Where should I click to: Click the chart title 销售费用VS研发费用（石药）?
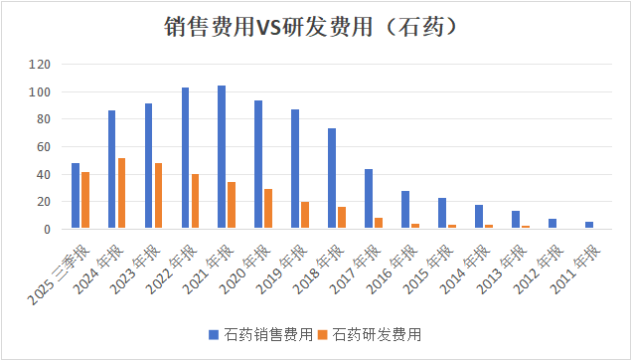pyautogui.click(x=315, y=26)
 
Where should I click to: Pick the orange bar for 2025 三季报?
pyautogui.click(x=85, y=200)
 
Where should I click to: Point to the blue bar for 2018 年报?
pyautogui.click(x=332, y=178)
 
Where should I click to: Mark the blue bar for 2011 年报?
pyautogui.click(x=588, y=225)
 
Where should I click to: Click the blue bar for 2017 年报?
pyautogui.click(x=369, y=199)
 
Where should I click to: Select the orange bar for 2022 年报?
pyautogui.click(x=195, y=201)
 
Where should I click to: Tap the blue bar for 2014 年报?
pyautogui.click(x=478, y=217)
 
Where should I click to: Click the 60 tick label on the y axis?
pyautogui.click(x=43, y=147)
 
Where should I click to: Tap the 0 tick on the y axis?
pyautogui.click(x=46, y=229)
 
